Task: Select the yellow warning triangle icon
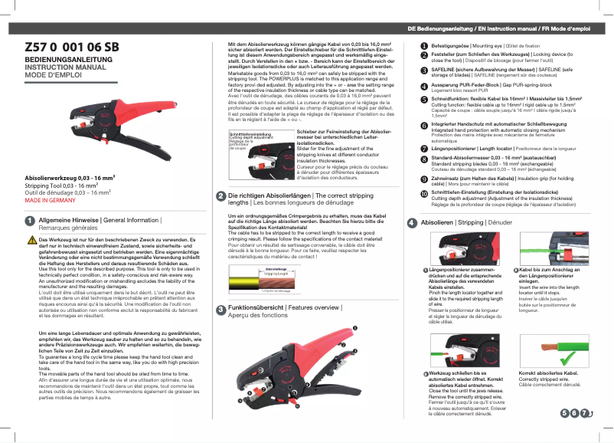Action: (31, 239)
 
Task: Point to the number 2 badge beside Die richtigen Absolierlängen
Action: (220, 196)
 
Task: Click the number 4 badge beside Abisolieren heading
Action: (413, 222)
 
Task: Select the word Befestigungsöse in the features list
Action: (451, 47)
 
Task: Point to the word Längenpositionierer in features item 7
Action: (459, 147)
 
